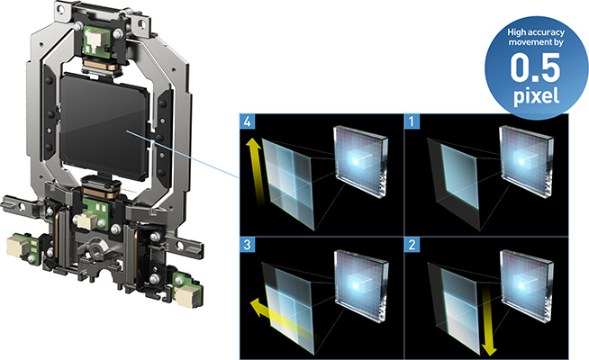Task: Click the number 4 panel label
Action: pyautogui.click(x=247, y=121)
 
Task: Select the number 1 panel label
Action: pyautogui.click(x=412, y=121)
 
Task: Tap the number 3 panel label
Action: pyautogui.click(x=247, y=245)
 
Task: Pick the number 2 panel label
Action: pyautogui.click(x=412, y=245)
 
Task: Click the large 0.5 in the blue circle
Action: pyautogui.click(x=535, y=67)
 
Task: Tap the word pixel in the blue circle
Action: pyautogui.click(x=536, y=95)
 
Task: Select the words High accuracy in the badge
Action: pyautogui.click(x=536, y=32)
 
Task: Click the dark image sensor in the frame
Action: pyautogui.click(x=104, y=126)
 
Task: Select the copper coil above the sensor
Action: pyautogui.click(x=101, y=64)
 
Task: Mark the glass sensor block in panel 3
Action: pyautogui.click(x=360, y=286)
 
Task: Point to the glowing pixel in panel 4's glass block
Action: pyautogui.click(x=356, y=161)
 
